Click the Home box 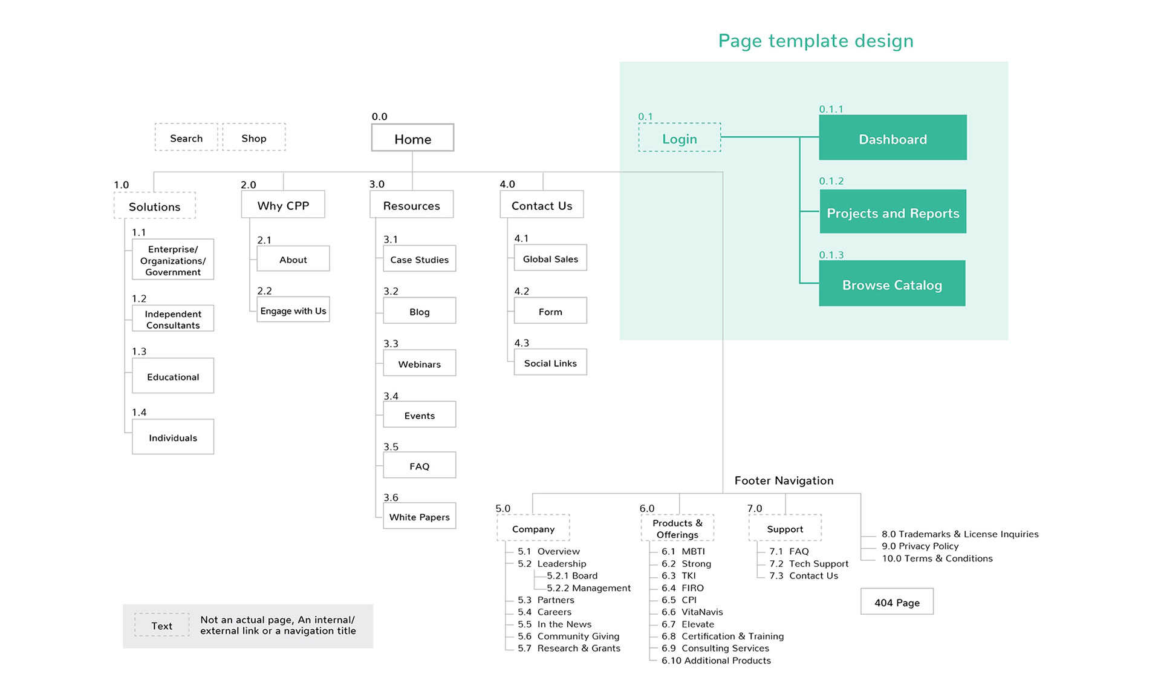pyautogui.click(x=412, y=138)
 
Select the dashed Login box pyautogui.click(x=680, y=137)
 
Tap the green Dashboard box pyautogui.click(x=893, y=137)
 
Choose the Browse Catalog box pyautogui.click(x=892, y=283)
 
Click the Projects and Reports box pyautogui.click(x=893, y=212)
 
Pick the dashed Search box pyautogui.click(x=186, y=137)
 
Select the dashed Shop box pyautogui.click(x=254, y=137)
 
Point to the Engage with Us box pyautogui.click(x=293, y=310)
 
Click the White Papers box pyautogui.click(x=420, y=516)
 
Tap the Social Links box pyautogui.click(x=550, y=362)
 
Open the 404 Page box pyautogui.click(x=897, y=601)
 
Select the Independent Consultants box pyautogui.click(x=173, y=318)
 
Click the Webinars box pyautogui.click(x=420, y=363)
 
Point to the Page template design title pyautogui.click(x=816, y=41)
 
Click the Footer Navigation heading pyautogui.click(x=784, y=480)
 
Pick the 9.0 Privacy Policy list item pyautogui.click(x=920, y=546)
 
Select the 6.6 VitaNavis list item pyautogui.click(x=692, y=612)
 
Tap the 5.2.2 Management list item pyautogui.click(x=588, y=587)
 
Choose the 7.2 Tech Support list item pyautogui.click(x=808, y=563)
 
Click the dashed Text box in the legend pyautogui.click(x=161, y=625)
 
